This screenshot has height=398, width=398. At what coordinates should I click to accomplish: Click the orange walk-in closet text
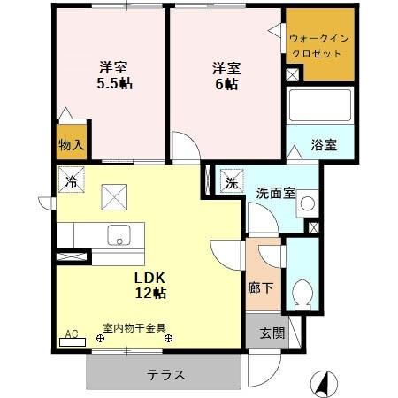click(320, 45)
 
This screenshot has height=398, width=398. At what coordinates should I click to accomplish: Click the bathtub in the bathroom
click(320, 105)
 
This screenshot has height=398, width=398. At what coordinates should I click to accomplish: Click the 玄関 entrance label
click(272, 333)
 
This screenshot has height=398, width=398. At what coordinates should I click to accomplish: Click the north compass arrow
click(324, 382)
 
